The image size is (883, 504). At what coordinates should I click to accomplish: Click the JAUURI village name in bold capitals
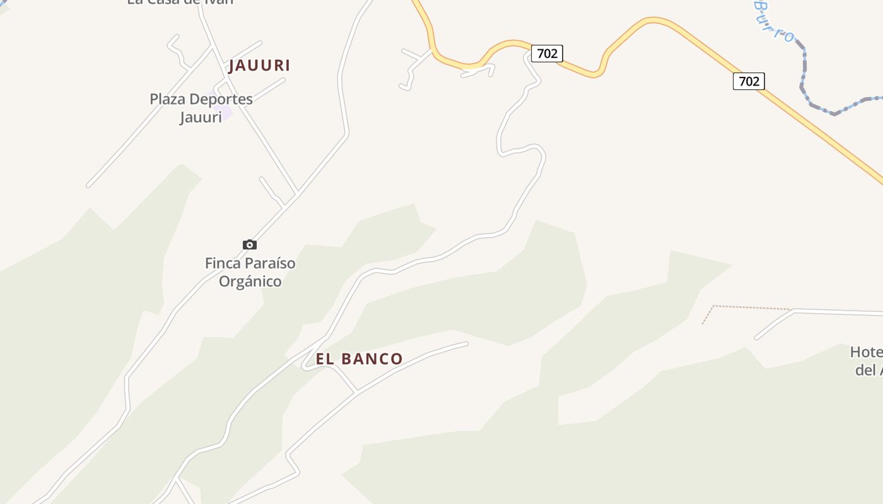259,66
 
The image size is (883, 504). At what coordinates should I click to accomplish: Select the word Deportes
221,99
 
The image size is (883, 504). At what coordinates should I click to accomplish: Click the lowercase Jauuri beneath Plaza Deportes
201,117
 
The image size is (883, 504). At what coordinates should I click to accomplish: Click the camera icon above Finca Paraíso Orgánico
250,244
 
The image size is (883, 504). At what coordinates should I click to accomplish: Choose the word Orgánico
250,281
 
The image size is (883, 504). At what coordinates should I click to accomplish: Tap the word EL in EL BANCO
324,359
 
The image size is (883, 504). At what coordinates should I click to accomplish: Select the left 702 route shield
547,54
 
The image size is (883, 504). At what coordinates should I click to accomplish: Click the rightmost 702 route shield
749,81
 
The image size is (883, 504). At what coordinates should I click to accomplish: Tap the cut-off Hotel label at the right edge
867,352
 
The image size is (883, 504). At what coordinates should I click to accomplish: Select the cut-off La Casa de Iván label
180,2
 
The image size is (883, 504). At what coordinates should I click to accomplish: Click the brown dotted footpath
751,307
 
